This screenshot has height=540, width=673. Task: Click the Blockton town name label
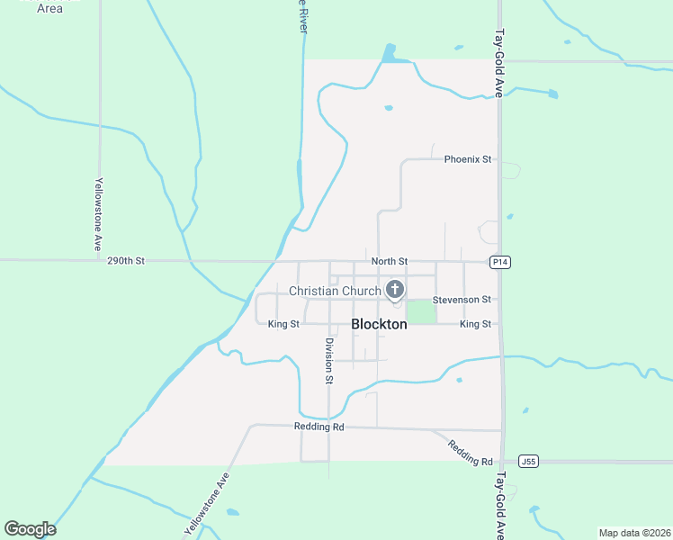tap(379, 324)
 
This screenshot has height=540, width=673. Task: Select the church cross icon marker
tap(394, 289)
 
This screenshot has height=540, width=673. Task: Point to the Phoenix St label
tap(468, 159)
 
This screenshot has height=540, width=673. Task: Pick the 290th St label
tap(125, 261)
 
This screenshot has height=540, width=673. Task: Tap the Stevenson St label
tap(462, 299)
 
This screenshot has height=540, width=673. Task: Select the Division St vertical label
tap(329, 361)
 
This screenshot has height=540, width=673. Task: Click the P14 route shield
tap(500, 262)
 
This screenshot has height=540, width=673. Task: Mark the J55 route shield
tap(529, 462)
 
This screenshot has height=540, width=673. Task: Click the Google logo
tap(30, 529)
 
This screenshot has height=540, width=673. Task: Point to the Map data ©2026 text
tap(634, 533)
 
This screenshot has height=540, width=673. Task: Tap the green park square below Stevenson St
tap(421, 311)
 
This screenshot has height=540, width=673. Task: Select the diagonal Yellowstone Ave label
tap(206, 505)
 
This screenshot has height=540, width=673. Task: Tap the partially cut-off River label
tap(303, 16)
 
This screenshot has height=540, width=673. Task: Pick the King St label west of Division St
tap(283, 324)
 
